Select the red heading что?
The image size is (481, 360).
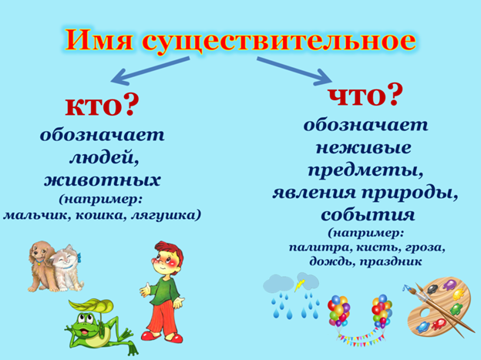[365, 95]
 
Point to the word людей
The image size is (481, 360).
[102, 157]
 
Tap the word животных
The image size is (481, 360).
[102, 180]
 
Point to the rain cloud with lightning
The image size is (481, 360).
[288, 286]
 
